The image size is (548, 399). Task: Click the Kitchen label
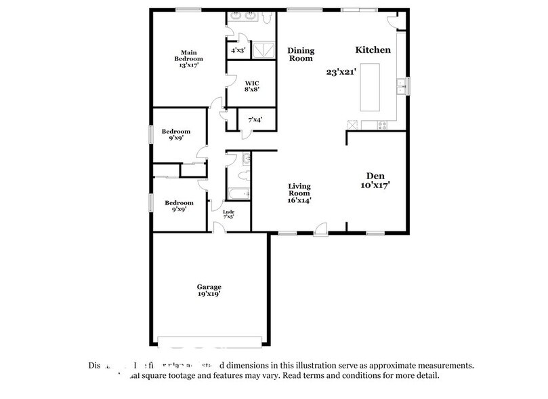pyautogui.click(x=373, y=50)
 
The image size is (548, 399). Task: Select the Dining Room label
pyautogui.click(x=300, y=54)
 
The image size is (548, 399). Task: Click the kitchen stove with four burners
pyautogui.click(x=383, y=124)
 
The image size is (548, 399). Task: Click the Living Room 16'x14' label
pyautogui.click(x=299, y=193)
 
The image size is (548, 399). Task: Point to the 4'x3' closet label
pyautogui.click(x=238, y=50)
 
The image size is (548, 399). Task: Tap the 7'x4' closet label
pyautogui.click(x=255, y=120)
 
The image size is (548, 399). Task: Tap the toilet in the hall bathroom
pyautogui.click(x=247, y=160)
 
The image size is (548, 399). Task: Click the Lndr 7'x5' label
pyautogui.click(x=228, y=214)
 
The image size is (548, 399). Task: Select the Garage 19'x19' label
pyautogui.click(x=209, y=290)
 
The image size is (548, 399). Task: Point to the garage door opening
pyautogui.click(x=209, y=339)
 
